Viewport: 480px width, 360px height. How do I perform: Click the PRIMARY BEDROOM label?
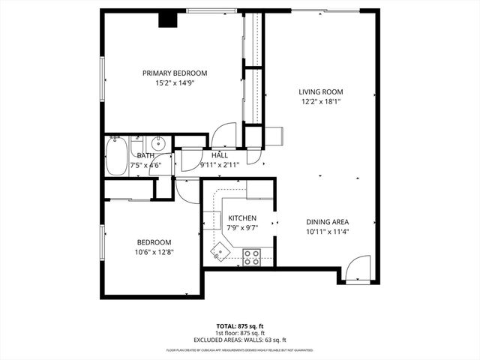[x=175, y=73]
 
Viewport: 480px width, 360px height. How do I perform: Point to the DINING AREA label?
[x=327, y=222]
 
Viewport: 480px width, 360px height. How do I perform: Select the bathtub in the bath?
[x=116, y=155]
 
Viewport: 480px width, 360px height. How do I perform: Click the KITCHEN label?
[x=242, y=217]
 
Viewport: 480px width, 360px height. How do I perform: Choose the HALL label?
[x=220, y=155]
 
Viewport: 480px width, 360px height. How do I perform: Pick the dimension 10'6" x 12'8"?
[x=154, y=253]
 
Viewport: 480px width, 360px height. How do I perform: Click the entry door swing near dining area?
[x=358, y=267]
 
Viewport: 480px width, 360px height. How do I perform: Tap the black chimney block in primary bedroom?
[x=166, y=18]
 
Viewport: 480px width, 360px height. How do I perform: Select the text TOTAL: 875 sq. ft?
[x=239, y=326]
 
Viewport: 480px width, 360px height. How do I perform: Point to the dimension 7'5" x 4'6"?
[x=145, y=164]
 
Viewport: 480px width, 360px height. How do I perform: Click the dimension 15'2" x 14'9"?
[x=175, y=84]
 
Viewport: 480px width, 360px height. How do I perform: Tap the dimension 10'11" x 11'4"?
[x=327, y=232]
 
